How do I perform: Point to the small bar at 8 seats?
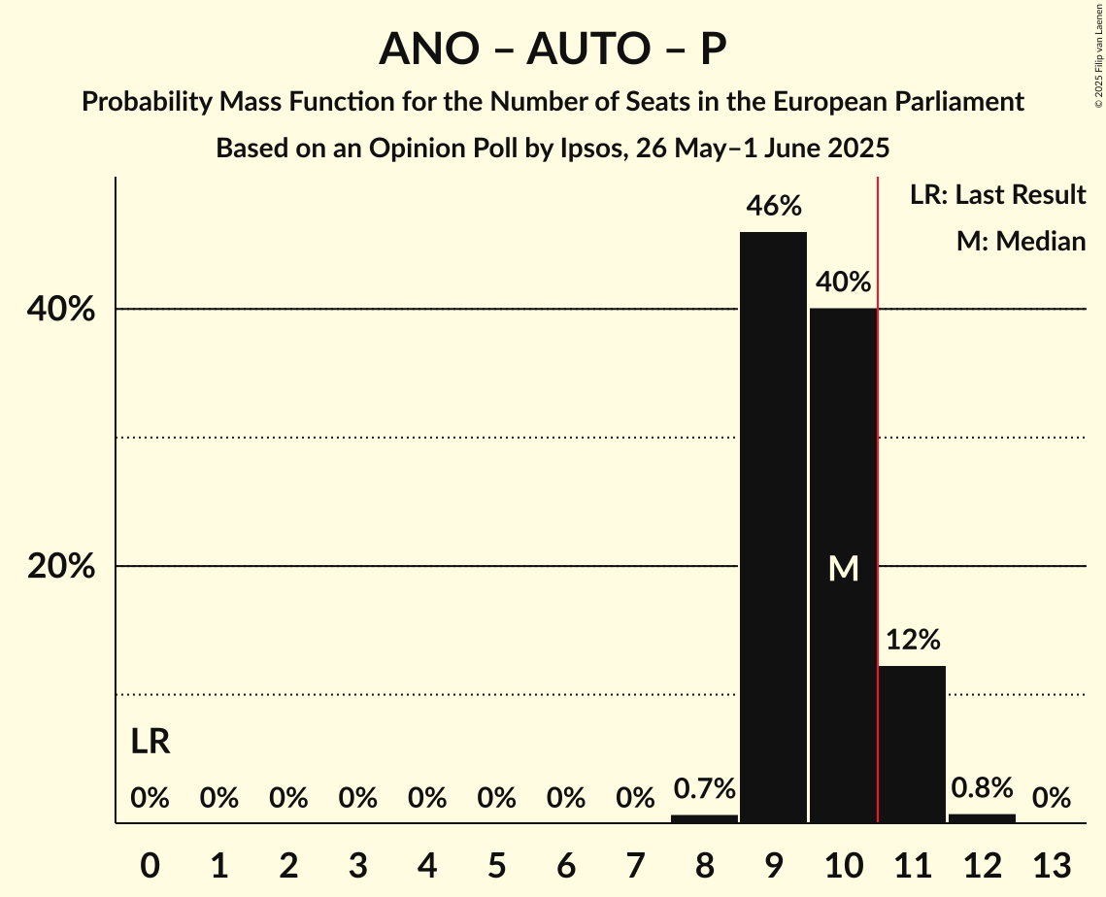(704, 818)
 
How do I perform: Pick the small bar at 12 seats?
(982, 818)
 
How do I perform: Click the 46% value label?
(773, 206)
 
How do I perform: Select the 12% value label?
(912, 640)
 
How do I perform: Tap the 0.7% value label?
(704, 788)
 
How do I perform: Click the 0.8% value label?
(982, 787)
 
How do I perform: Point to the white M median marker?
(843, 569)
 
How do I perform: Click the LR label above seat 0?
(151, 743)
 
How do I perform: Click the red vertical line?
(878, 485)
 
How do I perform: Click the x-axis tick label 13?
(1051, 863)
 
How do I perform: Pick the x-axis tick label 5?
(496, 863)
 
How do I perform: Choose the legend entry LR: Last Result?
(997, 195)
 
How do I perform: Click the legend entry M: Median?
(1021, 241)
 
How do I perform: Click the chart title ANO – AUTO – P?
(553, 49)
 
